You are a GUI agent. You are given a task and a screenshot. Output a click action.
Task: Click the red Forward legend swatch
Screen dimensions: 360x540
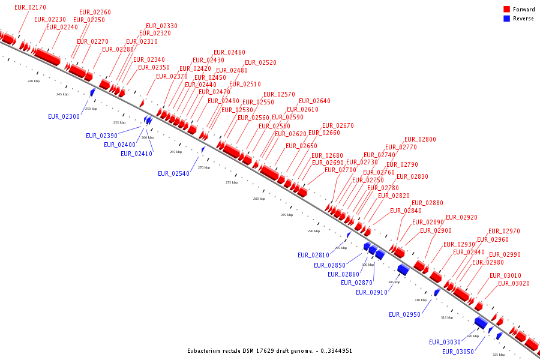click(507, 10)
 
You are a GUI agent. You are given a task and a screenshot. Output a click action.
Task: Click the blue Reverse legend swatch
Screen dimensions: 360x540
click(507, 19)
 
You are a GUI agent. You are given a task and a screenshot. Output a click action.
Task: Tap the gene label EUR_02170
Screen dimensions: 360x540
click(30, 7)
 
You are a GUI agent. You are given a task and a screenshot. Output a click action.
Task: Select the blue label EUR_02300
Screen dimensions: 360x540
click(64, 116)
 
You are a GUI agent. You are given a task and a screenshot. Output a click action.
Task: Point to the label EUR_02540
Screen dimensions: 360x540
click(173, 173)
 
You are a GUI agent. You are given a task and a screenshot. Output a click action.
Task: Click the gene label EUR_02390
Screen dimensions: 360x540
click(101, 136)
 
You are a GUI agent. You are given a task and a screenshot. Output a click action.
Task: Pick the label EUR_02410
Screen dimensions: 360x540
click(136, 154)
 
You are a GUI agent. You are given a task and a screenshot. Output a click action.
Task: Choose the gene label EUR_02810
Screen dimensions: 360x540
click(313, 255)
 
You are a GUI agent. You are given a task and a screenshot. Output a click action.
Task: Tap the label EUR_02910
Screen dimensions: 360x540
click(371, 292)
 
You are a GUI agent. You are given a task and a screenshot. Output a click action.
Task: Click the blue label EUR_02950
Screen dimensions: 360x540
click(404, 314)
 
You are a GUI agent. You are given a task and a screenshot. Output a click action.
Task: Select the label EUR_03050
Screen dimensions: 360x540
click(458, 352)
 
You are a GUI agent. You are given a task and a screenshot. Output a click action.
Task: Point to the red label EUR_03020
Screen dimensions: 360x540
click(514, 283)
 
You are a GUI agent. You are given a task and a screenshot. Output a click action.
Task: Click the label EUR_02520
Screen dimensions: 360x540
click(260, 62)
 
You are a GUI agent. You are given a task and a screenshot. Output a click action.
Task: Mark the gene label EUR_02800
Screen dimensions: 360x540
click(420, 139)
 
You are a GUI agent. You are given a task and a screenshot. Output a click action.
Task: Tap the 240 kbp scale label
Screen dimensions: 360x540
click(33, 81)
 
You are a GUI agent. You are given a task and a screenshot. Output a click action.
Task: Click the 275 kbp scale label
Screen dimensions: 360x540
click(232, 182)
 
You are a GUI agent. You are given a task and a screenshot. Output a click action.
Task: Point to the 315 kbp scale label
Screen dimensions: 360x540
click(447, 317)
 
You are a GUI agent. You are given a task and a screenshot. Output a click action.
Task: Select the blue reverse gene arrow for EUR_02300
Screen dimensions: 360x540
click(92, 92)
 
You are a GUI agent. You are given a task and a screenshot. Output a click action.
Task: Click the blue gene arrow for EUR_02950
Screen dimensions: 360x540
click(437, 293)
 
